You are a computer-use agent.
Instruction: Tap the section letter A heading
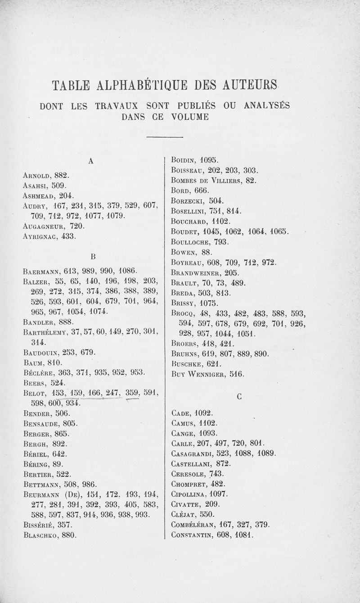tap(90, 161)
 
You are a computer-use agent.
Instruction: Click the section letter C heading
tap(239, 397)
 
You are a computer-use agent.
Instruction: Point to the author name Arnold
tap(36, 175)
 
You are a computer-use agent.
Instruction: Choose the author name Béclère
tap(37, 372)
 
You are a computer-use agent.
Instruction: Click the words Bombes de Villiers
tap(207, 180)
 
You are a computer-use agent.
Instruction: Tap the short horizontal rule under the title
tap(164, 136)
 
